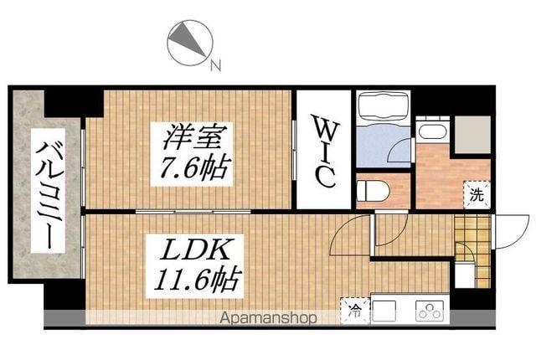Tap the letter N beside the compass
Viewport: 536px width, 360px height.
pyautogui.click(x=215, y=64)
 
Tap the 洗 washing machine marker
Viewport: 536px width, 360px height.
pyautogui.click(x=476, y=197)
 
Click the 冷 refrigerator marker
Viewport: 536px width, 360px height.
pyautogui.click(x=354, y=313)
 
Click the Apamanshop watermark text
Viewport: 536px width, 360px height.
pyautogui.click(x=268, y=318)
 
